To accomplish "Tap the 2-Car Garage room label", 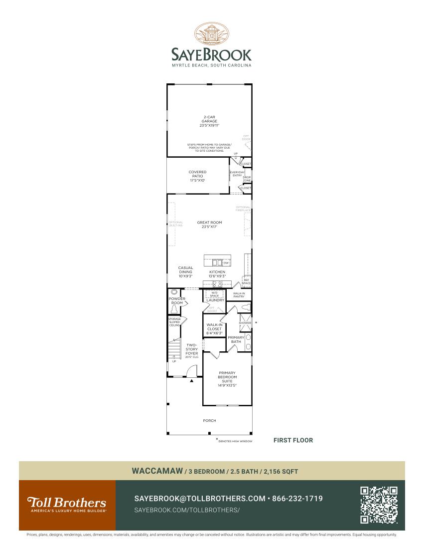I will click(x=209, y=121).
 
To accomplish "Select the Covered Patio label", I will click(x=197, y=176).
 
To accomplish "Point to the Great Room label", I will click(x=209, y=225).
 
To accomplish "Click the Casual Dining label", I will click(x=185, y=272).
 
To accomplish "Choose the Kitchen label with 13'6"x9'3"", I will click(x=217, y=274).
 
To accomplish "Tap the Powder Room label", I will click(x=177, y=301).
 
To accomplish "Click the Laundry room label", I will click(x=215, y=300).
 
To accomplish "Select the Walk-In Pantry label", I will click(x=239, y=295).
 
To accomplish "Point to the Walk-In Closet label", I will click(x=214, y=329).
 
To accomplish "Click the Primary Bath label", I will click(x=236, y=339).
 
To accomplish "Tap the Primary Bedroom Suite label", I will click(x=227, y=379).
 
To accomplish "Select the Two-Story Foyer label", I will click(x=192, y=349).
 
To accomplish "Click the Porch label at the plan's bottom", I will click(x=209, y=421).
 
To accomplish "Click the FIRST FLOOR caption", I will click(x=293, y=440).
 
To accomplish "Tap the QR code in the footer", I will click(x=379, y=505).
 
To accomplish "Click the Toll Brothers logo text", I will click(x=66, y=502).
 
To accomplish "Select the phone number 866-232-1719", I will click(x=297, y=499).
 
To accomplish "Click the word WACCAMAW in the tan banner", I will click(x=157, y=471).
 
